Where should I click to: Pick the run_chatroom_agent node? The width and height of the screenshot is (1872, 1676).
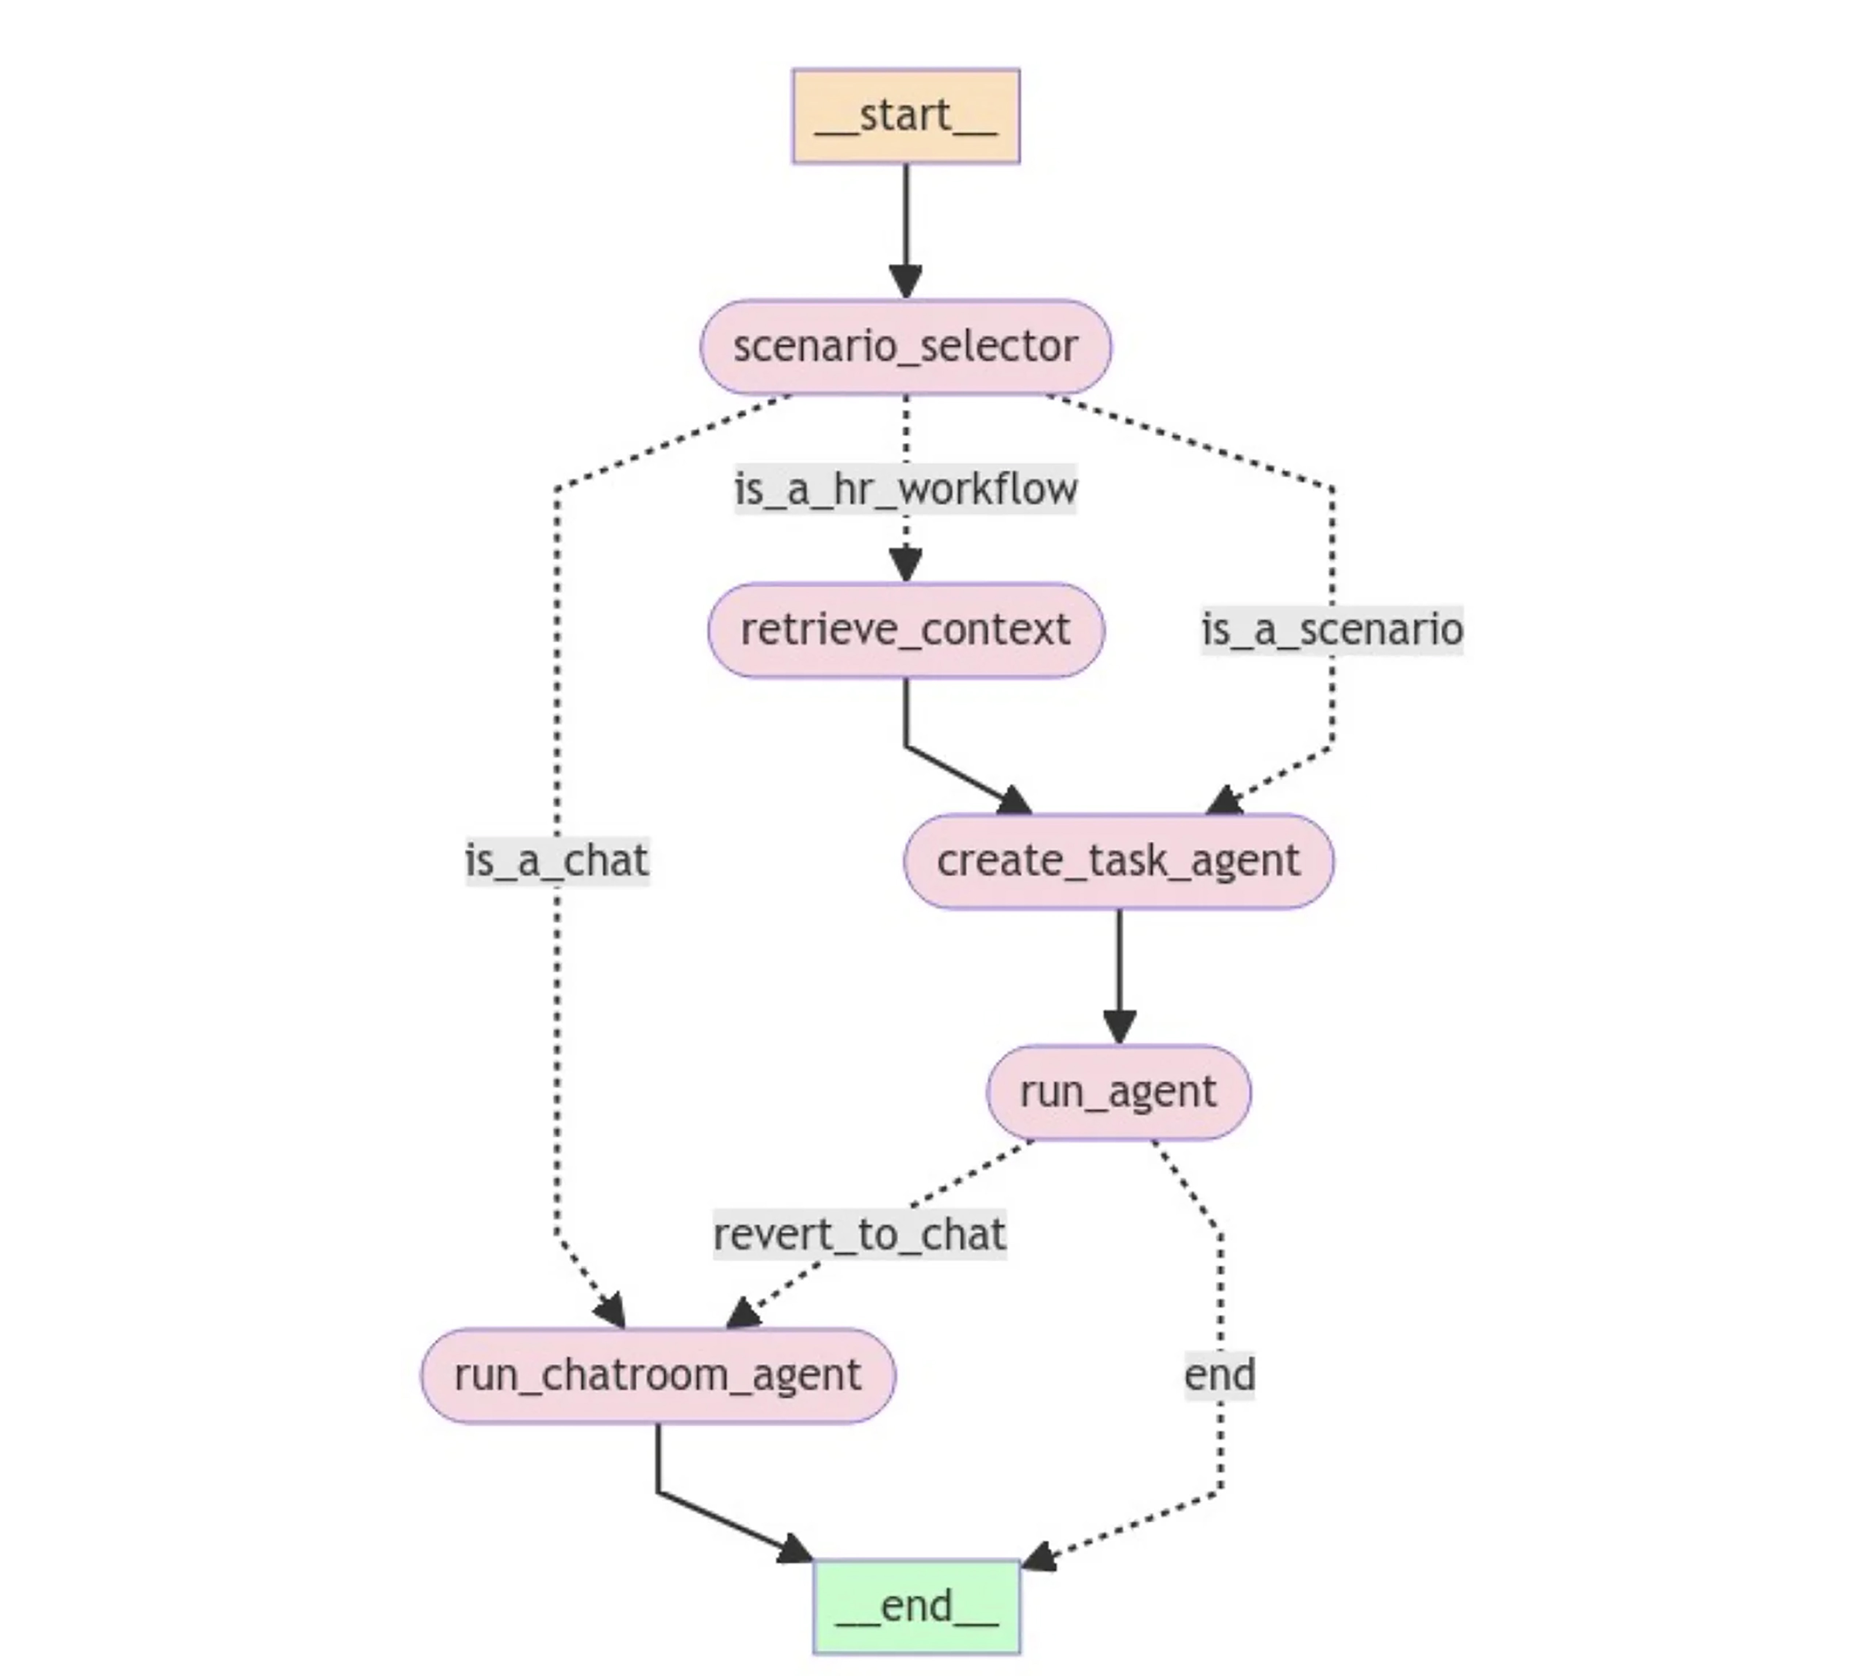tap(657, 1375)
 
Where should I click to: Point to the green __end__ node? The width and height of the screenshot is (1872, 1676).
tap(916, 1606)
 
